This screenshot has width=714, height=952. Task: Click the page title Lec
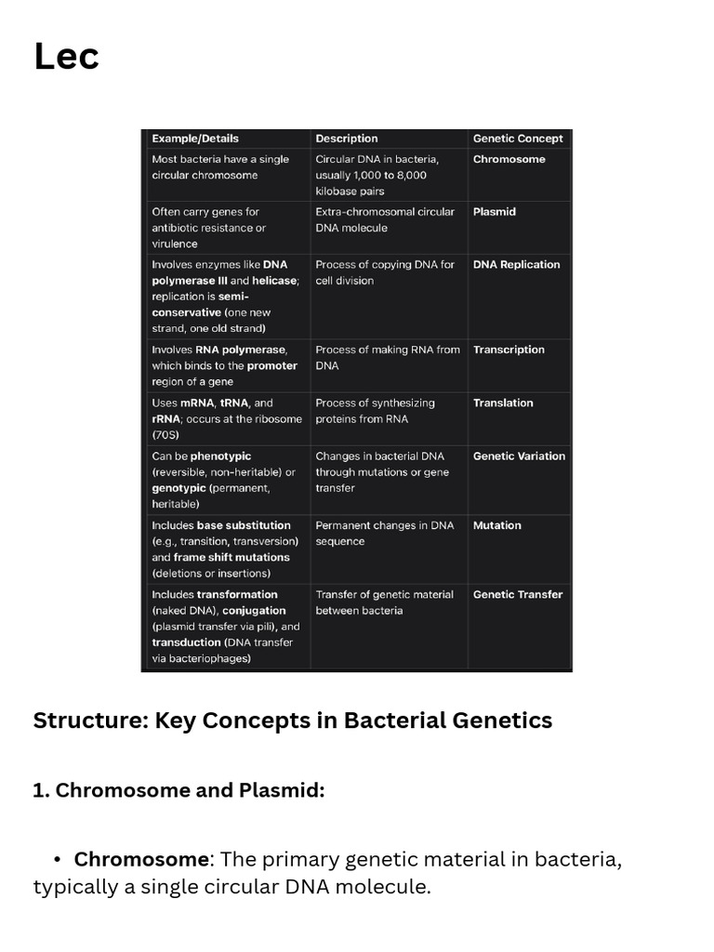pos(66,57)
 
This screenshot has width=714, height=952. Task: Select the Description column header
pos(347,139)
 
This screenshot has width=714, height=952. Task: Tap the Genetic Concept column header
pos(518,139)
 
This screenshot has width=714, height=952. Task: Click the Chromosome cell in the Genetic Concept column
pos(509,159)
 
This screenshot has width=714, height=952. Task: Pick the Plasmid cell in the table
pos(494,212)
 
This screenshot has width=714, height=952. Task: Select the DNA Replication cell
pos(516,265)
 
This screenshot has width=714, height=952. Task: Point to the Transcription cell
pos(509,350)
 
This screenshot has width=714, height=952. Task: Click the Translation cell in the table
pos(503,403)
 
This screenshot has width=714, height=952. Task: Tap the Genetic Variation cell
pos(519,456)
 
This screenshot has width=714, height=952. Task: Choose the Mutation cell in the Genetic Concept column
pos(497,525)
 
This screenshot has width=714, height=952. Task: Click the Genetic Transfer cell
pos(518,595)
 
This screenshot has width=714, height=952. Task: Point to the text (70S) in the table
pos(166,435)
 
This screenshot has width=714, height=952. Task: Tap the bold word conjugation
pos(254,611)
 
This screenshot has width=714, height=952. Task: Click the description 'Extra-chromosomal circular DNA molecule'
pos(385,219)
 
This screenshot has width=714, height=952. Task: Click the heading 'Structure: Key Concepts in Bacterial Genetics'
pos(292,721)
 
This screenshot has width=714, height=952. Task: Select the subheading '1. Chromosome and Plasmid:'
pos(178,790)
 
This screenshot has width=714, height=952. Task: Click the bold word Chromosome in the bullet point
pos(141,859)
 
